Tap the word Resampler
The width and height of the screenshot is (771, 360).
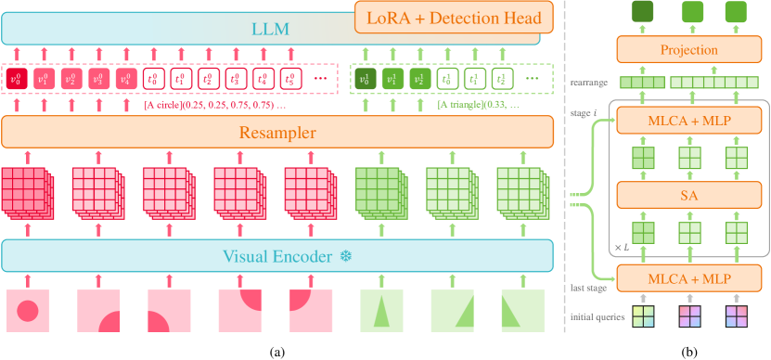[278, 133]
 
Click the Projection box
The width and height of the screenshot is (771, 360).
[689, 50]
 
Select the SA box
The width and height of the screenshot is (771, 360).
[689, 196]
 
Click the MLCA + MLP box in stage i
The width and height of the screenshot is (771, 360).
[689, 120]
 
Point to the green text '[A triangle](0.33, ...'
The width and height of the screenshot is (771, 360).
[478, 105]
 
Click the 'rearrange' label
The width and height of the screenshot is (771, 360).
[590, 84]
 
